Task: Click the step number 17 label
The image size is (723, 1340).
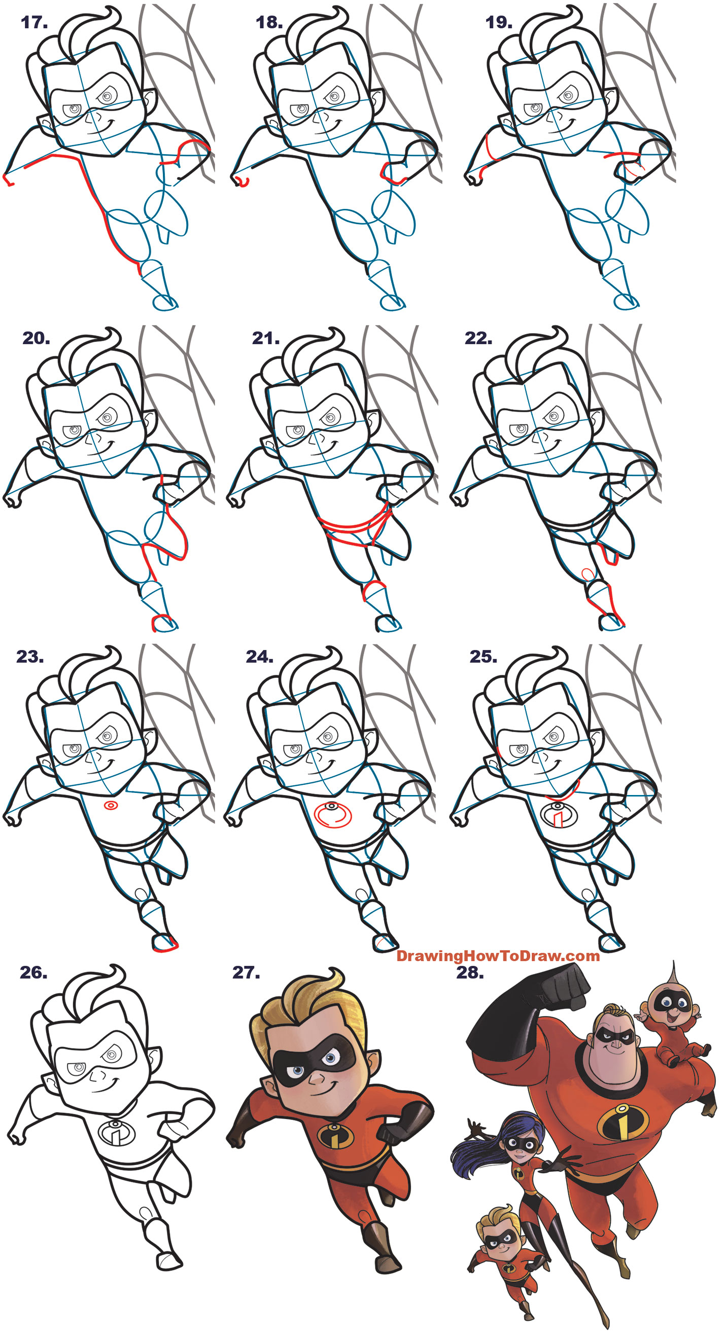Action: coord(35,22)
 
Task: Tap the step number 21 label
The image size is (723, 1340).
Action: coord(265,339)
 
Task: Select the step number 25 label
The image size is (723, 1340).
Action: coord(483,657)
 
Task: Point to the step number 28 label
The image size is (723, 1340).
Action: coord(470,973)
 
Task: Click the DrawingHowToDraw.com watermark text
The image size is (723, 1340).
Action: coord(498,956)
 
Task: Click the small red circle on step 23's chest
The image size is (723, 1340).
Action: coord(111,806)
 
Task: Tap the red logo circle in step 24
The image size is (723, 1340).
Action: coord(333,815)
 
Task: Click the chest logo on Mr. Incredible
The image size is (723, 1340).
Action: coord(623,1120)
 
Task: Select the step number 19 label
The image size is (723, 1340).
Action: coord(499,22)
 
